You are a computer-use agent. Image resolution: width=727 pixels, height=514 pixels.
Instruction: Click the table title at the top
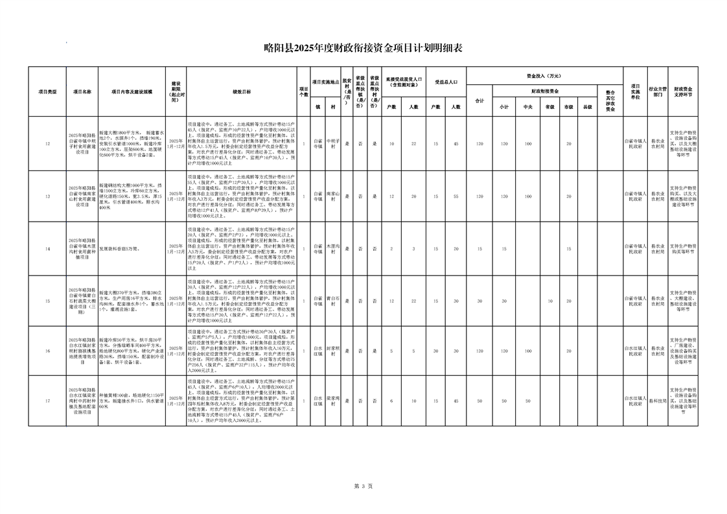click(363, 46)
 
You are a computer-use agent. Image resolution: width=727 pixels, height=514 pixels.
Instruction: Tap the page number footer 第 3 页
click(363, 485)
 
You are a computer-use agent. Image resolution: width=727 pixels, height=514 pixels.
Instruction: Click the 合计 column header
click(479, 101)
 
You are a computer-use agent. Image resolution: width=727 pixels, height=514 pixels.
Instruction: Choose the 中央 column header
click(527, 107)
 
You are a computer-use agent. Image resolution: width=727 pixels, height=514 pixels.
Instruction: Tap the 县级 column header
click(588, 107)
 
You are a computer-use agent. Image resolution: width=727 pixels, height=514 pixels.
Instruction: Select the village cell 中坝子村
click(332, 143)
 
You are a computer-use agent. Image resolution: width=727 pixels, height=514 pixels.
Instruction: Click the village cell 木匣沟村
click(332, 249)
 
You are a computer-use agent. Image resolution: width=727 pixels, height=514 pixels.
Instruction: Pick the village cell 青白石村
click(332, 301)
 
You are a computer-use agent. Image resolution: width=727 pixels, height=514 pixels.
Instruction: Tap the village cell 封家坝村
click(332, 351)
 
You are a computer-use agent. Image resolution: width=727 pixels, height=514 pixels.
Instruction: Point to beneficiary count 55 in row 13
click(456, 196)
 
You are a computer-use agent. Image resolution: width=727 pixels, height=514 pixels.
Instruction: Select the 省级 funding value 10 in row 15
click(549, 301)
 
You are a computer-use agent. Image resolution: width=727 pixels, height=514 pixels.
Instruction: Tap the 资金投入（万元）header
click(544, 75)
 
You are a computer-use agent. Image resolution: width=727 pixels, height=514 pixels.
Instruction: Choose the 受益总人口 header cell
click(446, 82)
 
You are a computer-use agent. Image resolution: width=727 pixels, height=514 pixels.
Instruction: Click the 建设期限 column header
click(176, 91)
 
